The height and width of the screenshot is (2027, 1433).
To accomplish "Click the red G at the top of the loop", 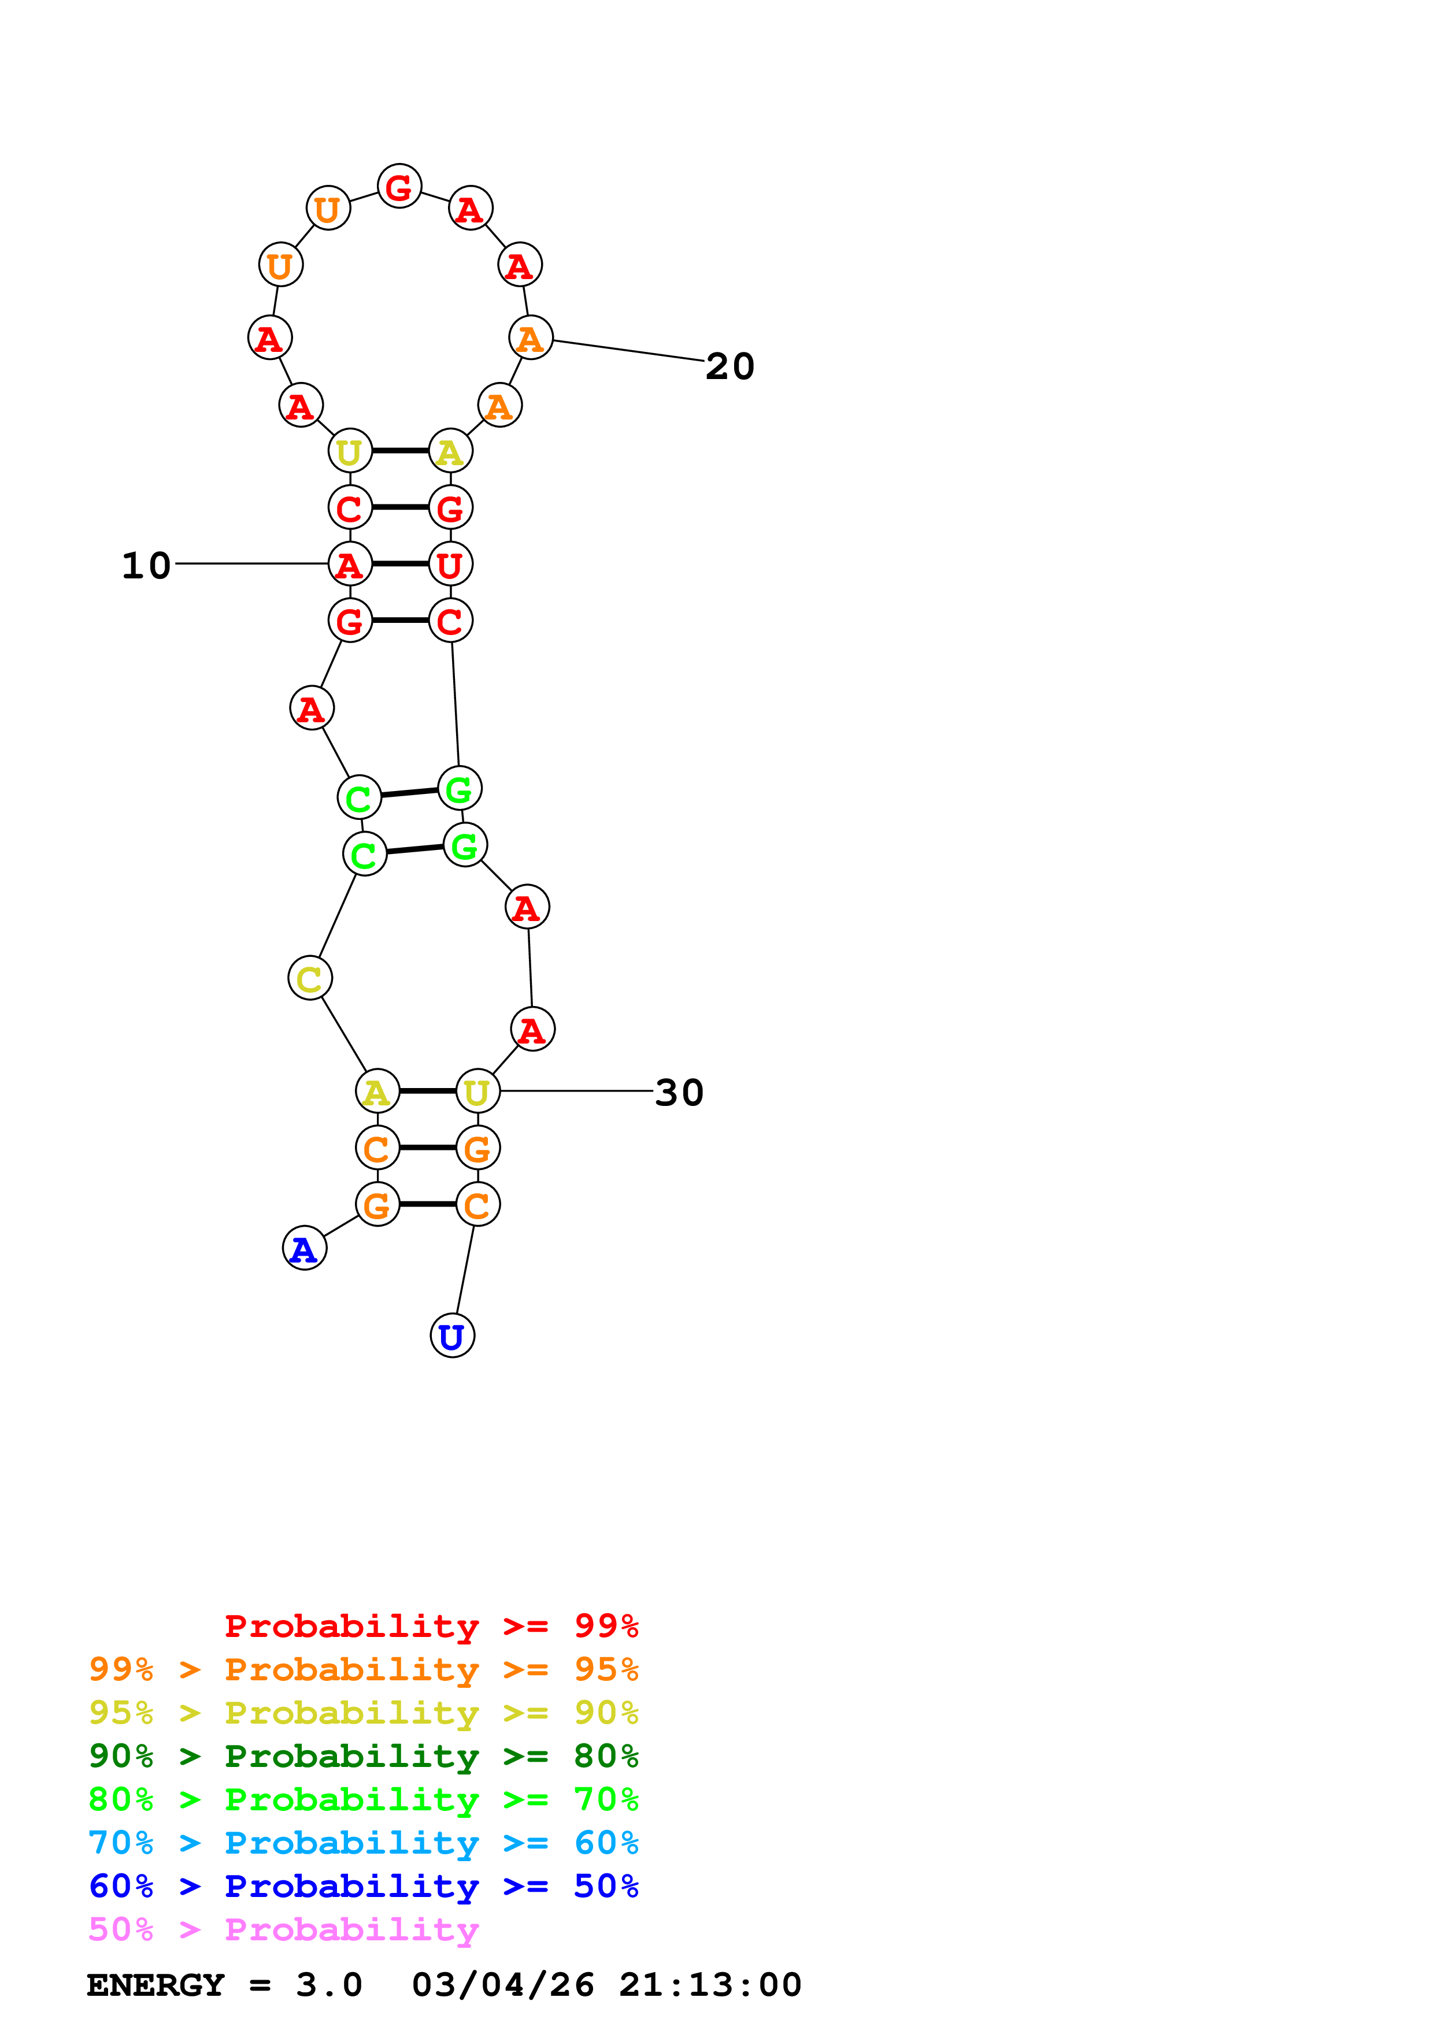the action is point(399,186).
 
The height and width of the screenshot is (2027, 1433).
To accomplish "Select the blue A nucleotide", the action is point(303,1248).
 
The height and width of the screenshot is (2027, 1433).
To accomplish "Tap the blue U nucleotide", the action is point(452,1336).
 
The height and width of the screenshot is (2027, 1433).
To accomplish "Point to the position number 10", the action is point(146,566).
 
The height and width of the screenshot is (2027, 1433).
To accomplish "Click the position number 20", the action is point(730,366).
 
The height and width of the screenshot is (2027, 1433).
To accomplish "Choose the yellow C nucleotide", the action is point(310,978).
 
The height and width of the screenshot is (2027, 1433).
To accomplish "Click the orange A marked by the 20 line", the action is point(531,338).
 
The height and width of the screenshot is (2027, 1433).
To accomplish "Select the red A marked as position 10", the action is point(350,564).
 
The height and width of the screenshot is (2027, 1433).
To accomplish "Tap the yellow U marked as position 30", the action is point(477,1091).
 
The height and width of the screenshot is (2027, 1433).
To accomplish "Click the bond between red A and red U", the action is point(400,564).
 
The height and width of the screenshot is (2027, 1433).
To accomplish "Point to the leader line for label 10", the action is point(251,563).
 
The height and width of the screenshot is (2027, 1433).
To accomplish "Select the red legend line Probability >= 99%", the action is point(432,1626).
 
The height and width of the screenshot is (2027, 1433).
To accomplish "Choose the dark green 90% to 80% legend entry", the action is point(364,1756).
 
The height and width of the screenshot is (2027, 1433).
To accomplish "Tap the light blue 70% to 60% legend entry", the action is point(364,1843).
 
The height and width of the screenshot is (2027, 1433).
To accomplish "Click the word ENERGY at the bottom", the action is point(155,1985).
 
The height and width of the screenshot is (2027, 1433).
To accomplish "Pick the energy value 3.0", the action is point(328,1985).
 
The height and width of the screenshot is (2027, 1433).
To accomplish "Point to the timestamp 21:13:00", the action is point(710,1985).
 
